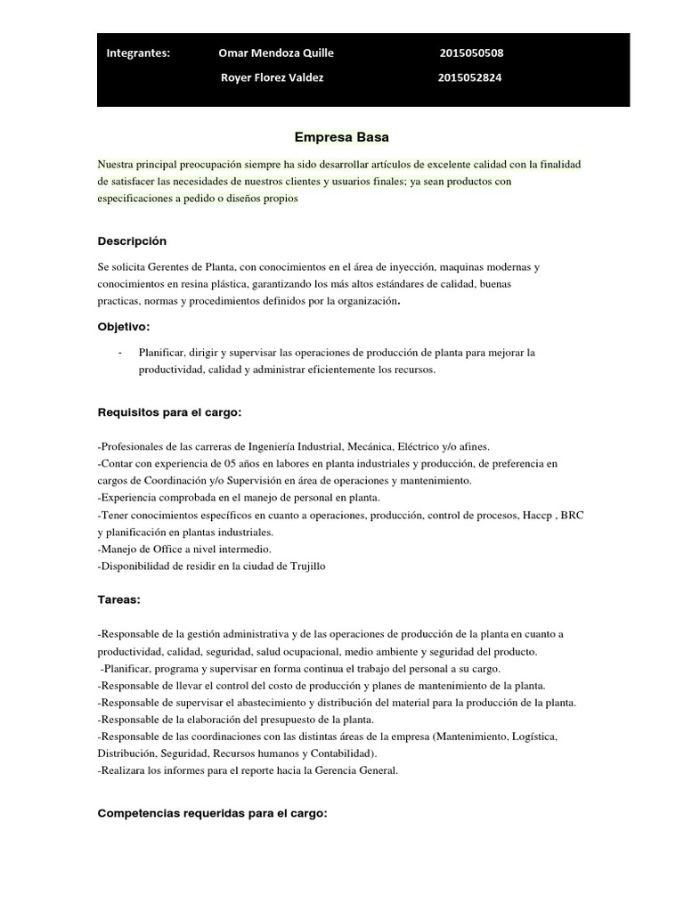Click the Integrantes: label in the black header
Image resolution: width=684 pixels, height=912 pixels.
tap(138, 53)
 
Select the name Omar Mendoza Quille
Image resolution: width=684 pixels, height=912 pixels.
tap(276, 53)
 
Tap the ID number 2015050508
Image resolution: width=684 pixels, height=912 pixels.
tap(471, 53)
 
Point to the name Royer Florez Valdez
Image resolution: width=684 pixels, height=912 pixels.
tap(273, 77)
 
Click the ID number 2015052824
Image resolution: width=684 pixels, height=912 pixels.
tap(470, 77)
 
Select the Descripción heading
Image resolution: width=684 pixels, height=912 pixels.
tap(132, 241)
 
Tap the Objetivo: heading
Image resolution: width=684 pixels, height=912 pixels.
tap(124, 327)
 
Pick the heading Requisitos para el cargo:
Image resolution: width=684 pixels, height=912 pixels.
tap(169, 412)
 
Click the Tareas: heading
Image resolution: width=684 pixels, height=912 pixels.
tap(118, 599)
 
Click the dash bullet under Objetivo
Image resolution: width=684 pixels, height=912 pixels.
tap(119, 353)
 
